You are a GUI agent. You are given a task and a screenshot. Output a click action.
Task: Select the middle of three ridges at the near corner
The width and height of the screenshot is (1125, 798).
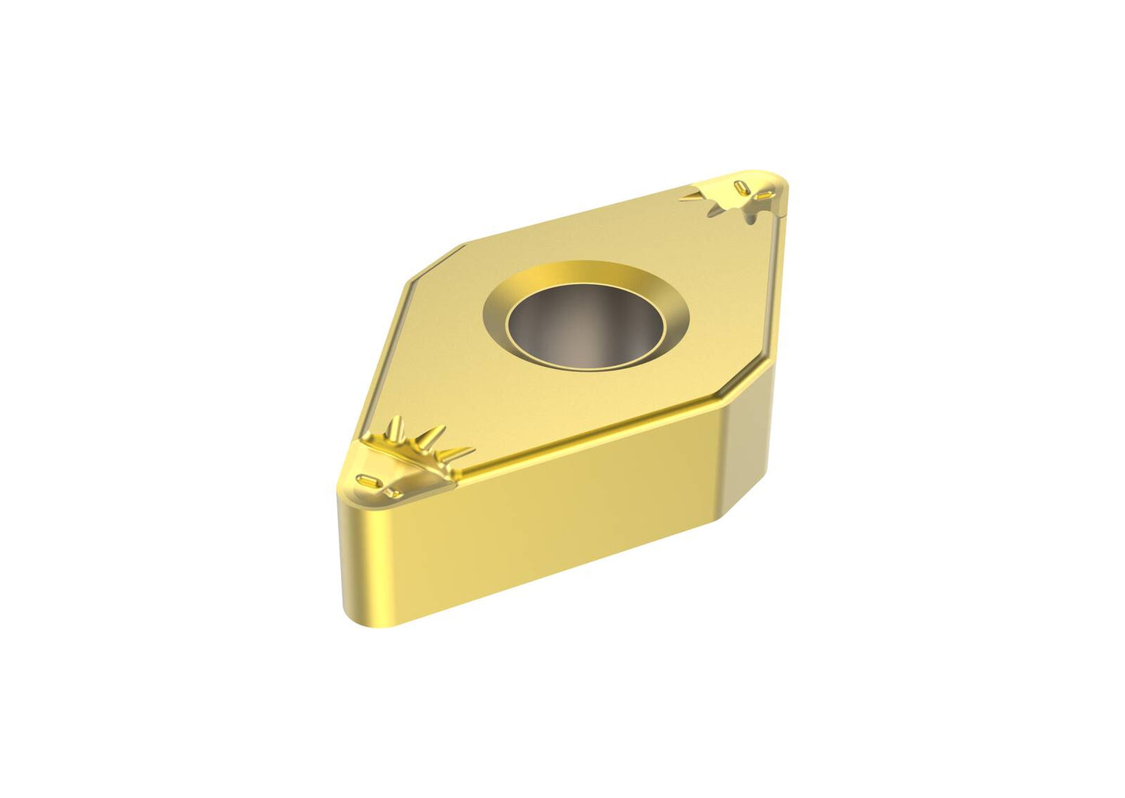pyautogui.click(x=431, y=438)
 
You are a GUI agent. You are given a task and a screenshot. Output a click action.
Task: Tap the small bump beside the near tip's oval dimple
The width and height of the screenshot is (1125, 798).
pyautogui.click(x=390, y=491)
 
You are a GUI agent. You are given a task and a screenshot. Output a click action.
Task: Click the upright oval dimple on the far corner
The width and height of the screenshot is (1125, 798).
pyautogui.click(x=740, y=187)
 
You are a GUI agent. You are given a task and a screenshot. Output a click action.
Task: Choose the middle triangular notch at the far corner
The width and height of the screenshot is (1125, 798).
pyautogui.click(x=715, y=208)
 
